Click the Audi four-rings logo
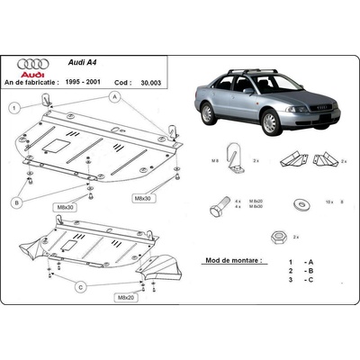(x=33, y=66)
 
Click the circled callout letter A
(x=115, y=95)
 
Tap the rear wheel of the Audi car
(x=207, y=112)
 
